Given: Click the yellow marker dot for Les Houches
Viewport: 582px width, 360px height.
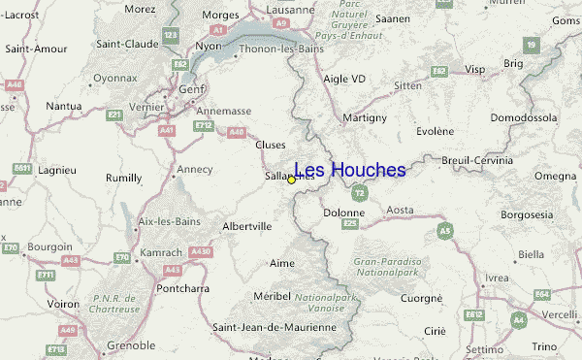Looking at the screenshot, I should tap(291, 180).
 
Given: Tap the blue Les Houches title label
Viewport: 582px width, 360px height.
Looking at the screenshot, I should tap(349, 170).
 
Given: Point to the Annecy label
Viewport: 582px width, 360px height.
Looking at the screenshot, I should tap(194, 169).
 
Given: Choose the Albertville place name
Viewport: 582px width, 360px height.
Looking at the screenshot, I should tap(247, 226).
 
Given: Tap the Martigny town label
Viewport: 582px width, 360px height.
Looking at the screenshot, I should tap(365, 117).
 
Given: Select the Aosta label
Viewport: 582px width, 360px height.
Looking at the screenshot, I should tap(400, 210).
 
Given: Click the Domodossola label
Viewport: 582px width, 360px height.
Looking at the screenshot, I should tap(523, 117).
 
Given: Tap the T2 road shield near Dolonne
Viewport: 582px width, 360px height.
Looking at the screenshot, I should tap(359, 193).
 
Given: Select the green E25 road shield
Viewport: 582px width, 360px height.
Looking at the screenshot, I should tap(350, 223).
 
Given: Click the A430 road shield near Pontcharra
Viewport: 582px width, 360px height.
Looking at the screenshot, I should tap(201, 251).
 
